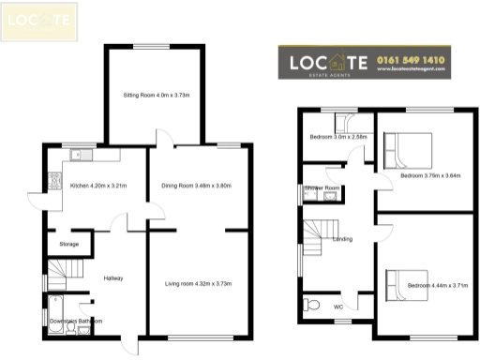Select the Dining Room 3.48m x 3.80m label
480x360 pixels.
198,186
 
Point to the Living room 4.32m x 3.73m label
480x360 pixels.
198,283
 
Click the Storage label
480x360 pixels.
69,245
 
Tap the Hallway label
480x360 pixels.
113,278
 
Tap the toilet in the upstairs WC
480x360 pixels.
312,305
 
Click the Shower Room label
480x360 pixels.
322,188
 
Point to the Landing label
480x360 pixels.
342,239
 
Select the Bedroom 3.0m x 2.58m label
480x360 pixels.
337,137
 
